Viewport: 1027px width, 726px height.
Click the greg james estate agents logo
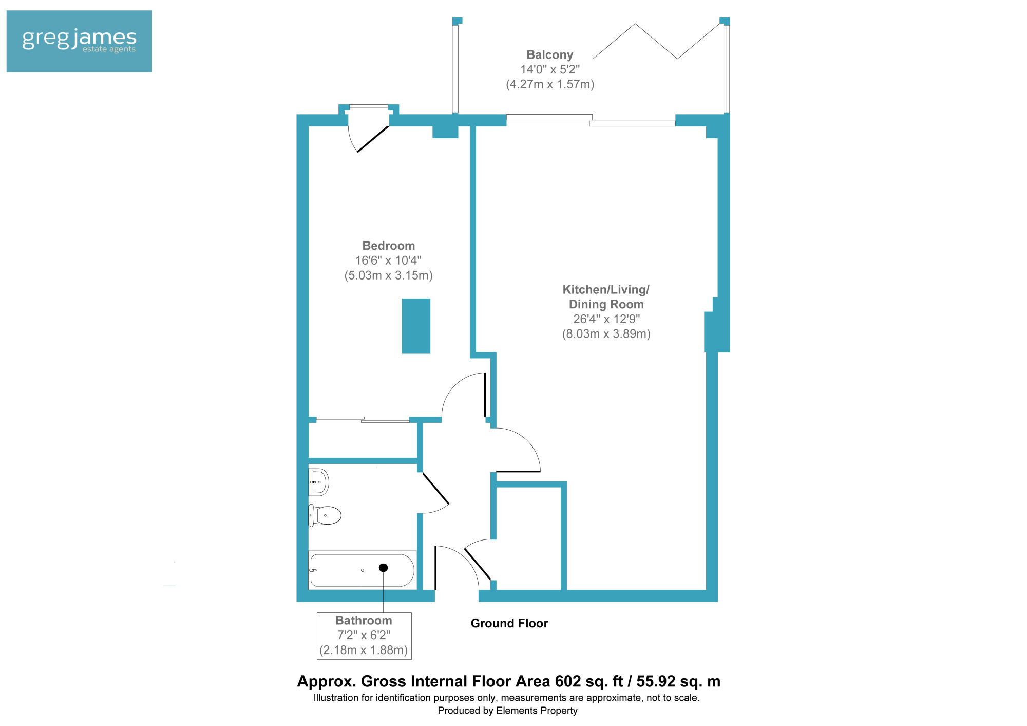79,41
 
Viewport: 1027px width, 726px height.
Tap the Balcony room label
550,54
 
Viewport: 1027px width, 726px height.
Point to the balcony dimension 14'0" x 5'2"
550,69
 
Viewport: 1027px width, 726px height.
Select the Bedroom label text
389,246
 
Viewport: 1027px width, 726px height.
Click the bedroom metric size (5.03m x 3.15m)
389,275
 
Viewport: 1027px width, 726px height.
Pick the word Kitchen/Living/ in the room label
606,290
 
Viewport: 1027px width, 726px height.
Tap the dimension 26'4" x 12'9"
606,319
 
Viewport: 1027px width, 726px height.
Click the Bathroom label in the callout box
364,621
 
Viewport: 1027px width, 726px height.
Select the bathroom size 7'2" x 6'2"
364,636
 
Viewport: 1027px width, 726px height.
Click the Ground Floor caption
509,623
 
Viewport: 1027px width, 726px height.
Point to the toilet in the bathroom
325,515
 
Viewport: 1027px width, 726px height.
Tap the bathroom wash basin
318,482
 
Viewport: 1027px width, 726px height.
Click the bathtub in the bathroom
362,570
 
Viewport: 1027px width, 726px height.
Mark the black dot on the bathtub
383,568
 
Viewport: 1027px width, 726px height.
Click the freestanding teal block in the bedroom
416,326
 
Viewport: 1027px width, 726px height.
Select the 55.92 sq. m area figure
678,681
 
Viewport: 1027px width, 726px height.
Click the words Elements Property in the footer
537,711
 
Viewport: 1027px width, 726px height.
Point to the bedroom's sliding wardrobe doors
363,420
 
